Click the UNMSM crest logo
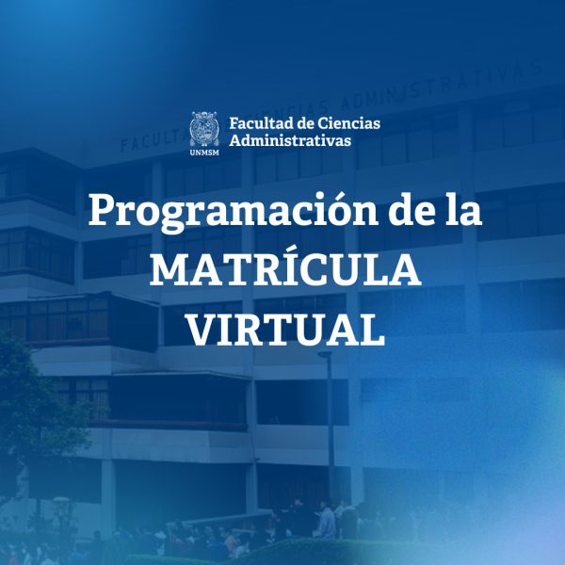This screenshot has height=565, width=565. (204, 127)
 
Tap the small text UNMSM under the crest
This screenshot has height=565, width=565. (204, 150)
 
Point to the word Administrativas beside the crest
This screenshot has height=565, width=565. (290, 140)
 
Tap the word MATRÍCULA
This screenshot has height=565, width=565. (283, 270)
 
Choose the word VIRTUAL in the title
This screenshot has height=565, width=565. (283, 329)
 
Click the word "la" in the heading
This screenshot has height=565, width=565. (462, 210)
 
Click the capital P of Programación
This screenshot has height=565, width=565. (102, 210)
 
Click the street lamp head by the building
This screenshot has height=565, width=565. (324, 355)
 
